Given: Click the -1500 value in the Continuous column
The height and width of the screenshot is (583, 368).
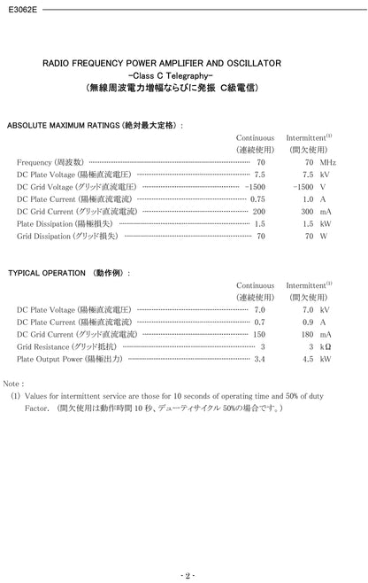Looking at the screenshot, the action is [x=255, y=188].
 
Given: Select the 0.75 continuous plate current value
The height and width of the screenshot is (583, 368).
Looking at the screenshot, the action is [x=257, y=200].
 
